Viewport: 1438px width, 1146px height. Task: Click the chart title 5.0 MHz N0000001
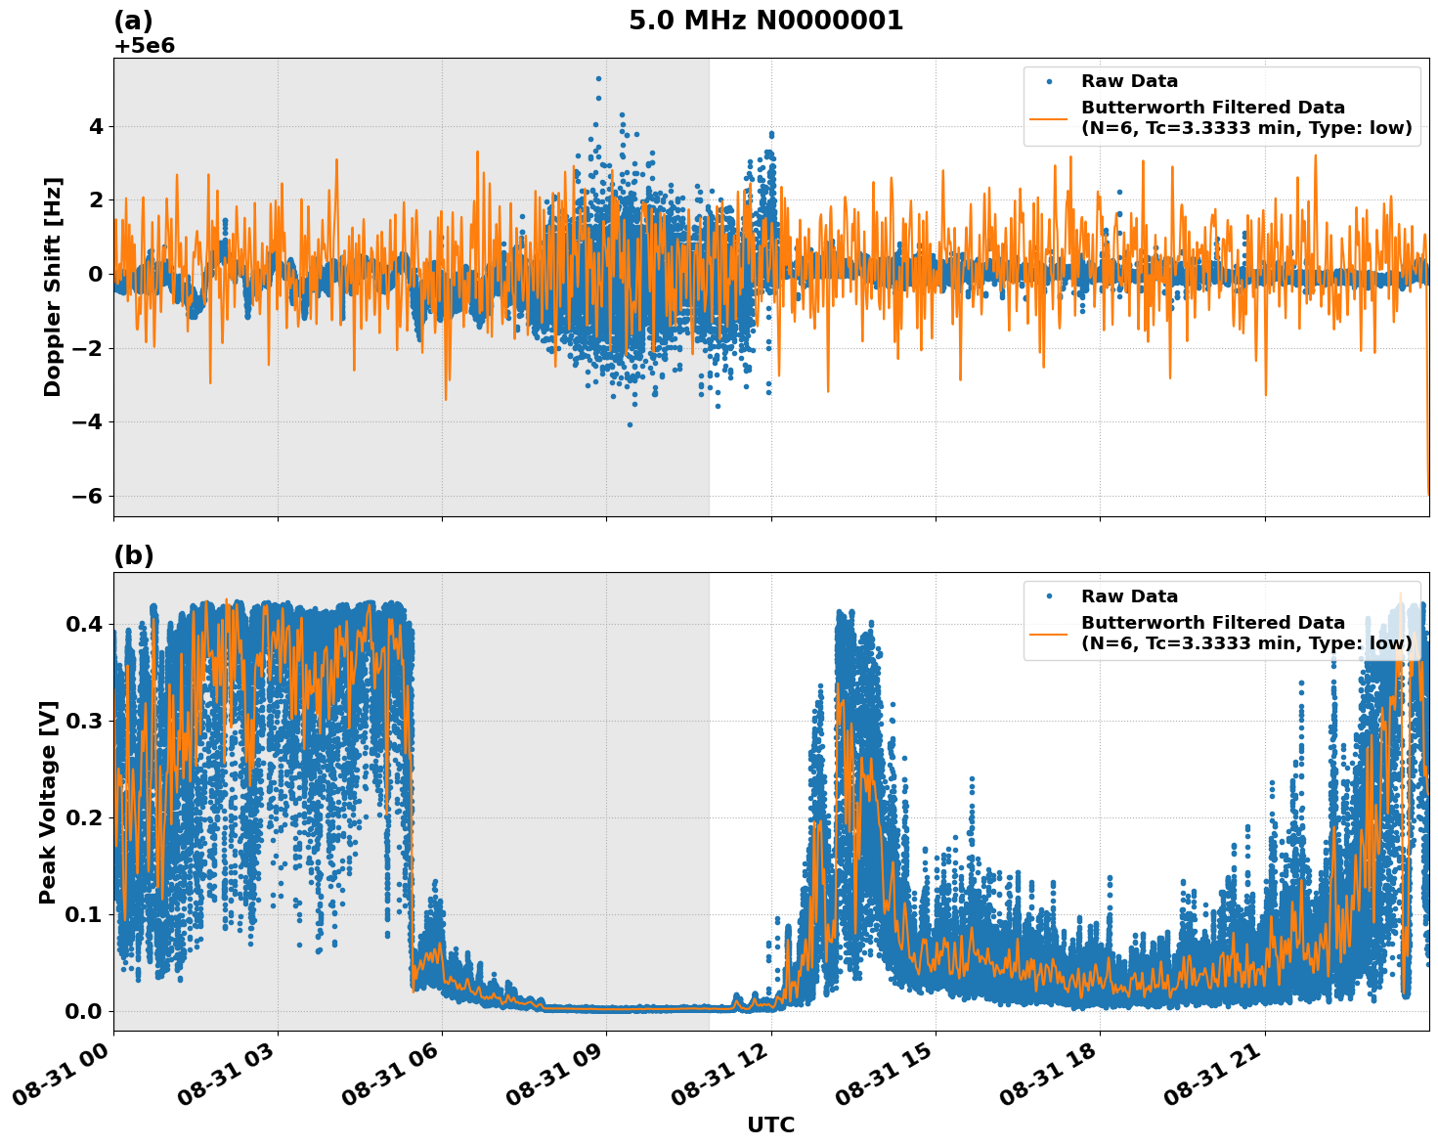coord(765,21)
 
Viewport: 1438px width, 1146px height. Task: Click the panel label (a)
coord(133,21)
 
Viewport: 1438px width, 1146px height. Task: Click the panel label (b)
coord(133,555)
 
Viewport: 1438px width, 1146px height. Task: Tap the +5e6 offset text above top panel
coord(144,46)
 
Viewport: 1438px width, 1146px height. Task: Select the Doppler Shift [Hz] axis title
coord(53,286)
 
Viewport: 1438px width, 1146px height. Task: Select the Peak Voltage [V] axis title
coord(48,802)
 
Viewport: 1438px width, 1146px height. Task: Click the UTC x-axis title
coord(770,1124)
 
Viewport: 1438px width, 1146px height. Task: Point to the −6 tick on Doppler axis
coord(87,496)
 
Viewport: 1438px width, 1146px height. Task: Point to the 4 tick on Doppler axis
coord(96,126)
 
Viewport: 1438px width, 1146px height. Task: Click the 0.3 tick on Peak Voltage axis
coord(84,721)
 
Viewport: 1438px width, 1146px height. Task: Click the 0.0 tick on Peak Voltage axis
coord(84,1011)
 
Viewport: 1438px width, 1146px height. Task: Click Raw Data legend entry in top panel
coord(1129,82)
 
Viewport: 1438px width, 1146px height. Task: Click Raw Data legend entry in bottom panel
coord(1129,596)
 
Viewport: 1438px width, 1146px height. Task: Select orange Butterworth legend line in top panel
coord(1049,118)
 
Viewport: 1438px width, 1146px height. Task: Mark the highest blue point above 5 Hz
coord(598,78)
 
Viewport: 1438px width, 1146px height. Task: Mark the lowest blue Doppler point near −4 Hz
coord(630,424)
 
